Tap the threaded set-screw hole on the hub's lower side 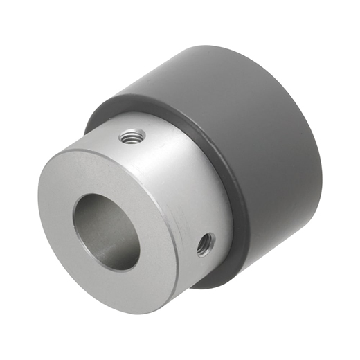click(205, 243)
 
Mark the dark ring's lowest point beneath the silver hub click(215, 282)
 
